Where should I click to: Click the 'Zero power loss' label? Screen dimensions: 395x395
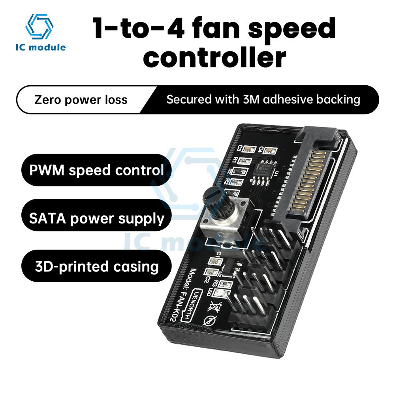81,99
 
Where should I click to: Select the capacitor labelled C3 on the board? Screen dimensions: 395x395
249,149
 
